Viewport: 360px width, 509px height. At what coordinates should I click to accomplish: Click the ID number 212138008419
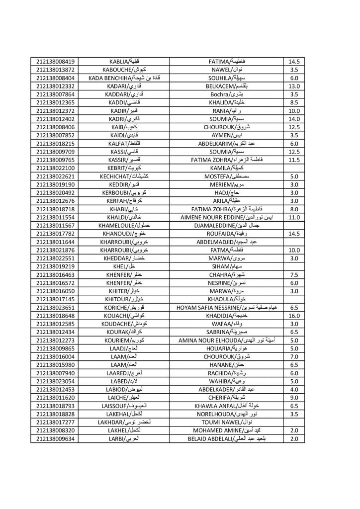coord(55,62)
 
